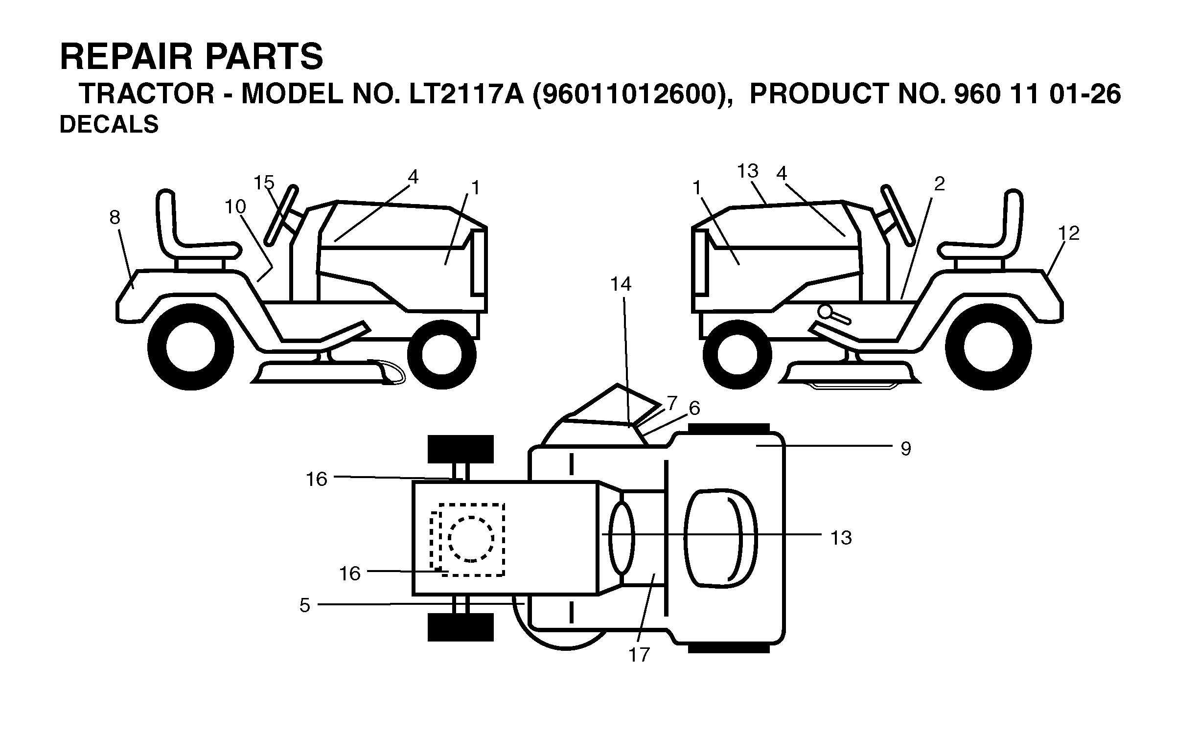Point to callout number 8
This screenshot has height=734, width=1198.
tap(115, 217)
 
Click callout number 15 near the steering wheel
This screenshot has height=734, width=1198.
tap(264, 183)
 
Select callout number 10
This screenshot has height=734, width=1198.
tap(235, 207)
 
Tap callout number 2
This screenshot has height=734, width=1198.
tap(939, 184)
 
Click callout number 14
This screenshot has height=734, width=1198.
tap(621, 284)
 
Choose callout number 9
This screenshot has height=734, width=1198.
tap(906, 449)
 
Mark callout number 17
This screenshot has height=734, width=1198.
tap(639, 655)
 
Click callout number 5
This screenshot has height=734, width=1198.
tap(304, 606)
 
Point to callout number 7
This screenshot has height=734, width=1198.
tap(672, 404)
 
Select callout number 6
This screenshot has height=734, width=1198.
tap(694, 408)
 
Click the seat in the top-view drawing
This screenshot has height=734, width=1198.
tap(720, 537)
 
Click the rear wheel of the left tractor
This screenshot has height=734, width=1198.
tap(190, 347)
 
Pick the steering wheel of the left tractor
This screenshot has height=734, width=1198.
tap(281, 215)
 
